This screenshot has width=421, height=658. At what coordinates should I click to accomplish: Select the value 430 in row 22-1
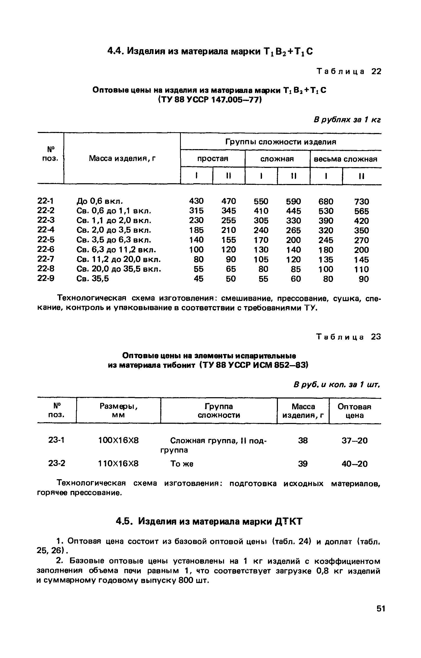[196, 201]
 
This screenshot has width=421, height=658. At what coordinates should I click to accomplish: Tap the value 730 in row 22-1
[361, 202]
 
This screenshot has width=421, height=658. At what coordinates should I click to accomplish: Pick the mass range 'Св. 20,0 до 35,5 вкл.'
[119, 269]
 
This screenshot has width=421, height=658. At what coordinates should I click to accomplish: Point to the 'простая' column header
[213, 159]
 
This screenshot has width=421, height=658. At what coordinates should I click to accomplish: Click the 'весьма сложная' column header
[346, 159]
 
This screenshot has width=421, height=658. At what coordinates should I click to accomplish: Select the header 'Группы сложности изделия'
[280, 142]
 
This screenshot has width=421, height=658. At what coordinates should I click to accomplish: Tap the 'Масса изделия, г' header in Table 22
[122, 158]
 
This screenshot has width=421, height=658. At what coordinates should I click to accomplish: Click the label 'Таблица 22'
[349, 72]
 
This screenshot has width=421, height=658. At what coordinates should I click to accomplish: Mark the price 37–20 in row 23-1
[355, 441]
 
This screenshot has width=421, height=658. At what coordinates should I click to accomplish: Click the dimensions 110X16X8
[118, 464]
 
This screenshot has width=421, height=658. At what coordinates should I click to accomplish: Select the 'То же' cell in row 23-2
[182, 464]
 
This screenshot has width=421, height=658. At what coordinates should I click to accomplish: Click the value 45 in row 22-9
[198, 279]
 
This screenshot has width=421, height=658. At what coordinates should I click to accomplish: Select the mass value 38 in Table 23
[303, 441]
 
